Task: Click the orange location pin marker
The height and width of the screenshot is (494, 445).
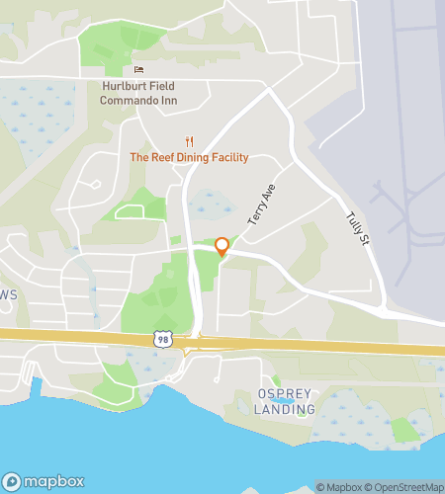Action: coord(222,247)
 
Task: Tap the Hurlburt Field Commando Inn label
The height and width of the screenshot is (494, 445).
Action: coord(143,93)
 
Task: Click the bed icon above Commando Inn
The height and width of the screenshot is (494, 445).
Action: coord(138,69)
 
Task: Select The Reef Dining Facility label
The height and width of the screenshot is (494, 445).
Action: coord(189,158)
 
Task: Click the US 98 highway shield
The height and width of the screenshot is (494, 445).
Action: coord(163,339)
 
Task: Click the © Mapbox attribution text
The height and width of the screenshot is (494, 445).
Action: coord(338,486)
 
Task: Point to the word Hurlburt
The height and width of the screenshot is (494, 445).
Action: coord(123,86)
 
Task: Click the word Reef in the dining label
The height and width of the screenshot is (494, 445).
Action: coord(164,158)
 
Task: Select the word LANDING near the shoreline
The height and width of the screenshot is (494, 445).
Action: coord(285,409)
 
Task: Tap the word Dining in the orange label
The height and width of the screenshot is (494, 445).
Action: coord(199,158)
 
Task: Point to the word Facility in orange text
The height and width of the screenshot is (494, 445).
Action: coord(233,158)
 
